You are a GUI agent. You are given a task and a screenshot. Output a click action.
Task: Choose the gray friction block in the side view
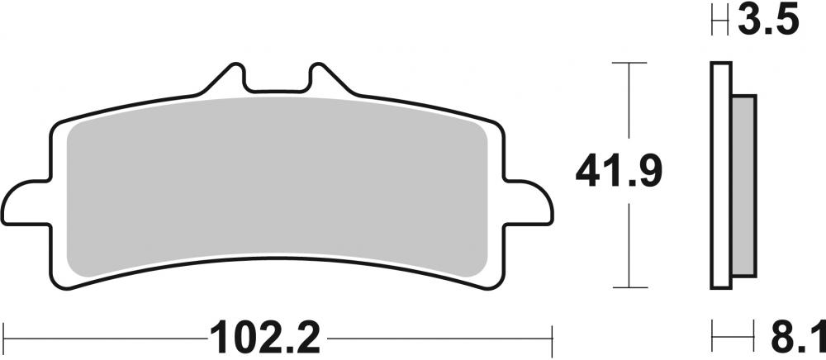pyautogui.click(x=743, y=186)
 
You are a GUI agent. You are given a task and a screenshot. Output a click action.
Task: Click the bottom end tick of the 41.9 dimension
pyautogui.click(x=630, y=288)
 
